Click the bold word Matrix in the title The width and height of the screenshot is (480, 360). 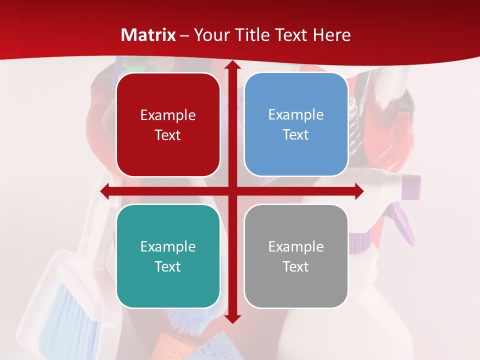[148, 35]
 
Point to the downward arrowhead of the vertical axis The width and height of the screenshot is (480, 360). [232, 318]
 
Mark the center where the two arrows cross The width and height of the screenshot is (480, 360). [232, 191]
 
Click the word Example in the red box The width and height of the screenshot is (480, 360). [168, 115]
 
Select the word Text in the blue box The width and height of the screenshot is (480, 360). [296, 135]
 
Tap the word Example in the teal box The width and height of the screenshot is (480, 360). [168, 246]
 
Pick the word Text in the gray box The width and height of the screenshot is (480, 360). [296, 266]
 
